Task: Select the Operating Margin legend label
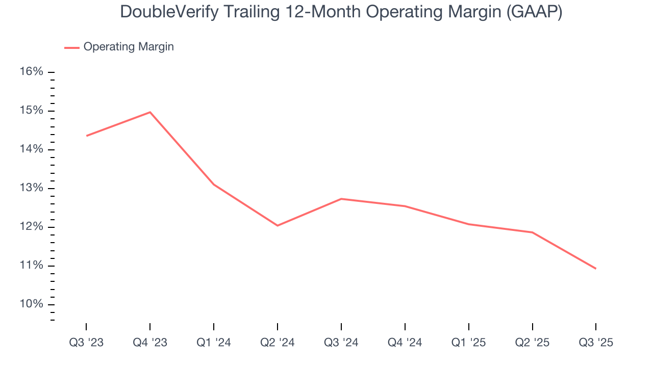pos(129,47)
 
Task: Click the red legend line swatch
pos(71,47)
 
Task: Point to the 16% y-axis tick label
pos(31,72)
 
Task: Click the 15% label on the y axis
pos(31,111)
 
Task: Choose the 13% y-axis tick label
pos(31,188)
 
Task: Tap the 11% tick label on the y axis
pos(31,266)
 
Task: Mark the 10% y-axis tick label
pos(31,304)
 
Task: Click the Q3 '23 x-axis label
pos(86,343)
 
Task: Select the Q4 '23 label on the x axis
pos(150,343)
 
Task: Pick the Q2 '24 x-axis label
pos(278,343)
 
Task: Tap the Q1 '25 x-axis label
pos(469,343)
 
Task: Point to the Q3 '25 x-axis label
pos(596,343)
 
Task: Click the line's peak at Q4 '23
pos(150,112)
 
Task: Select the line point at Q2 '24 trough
pos(278,225)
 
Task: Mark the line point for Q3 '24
pos(341,199)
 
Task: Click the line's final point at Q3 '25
pos(596,269)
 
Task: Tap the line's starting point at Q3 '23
pos(86,136)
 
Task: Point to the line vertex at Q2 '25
pos(533,232)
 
